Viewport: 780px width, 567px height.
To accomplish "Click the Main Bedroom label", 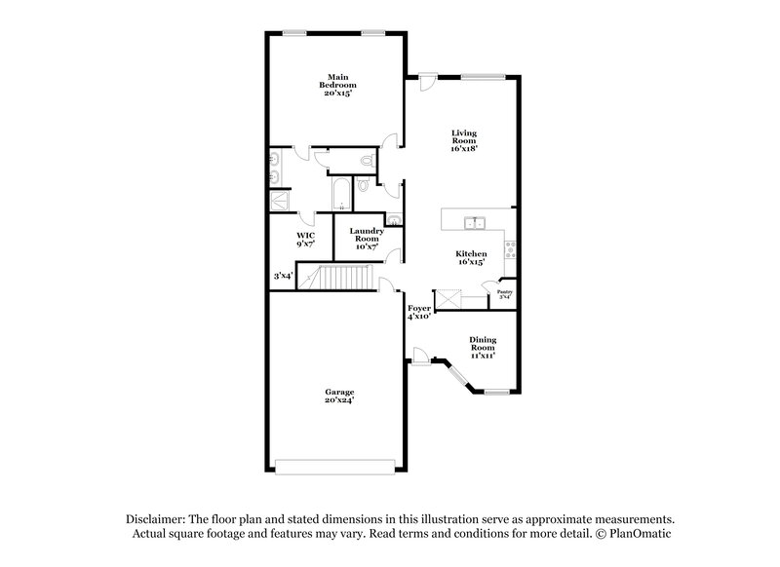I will click(x=337, y=84).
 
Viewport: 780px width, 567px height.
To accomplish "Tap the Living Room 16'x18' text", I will click(x=463, y=139).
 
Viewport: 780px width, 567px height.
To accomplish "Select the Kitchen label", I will click(x=471, y=258).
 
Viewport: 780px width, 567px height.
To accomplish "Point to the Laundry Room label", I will click(x=367, y=238).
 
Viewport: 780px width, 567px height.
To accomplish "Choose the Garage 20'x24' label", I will click(x=339, y=397).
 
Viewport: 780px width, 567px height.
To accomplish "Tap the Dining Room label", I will click(x=482, y=348).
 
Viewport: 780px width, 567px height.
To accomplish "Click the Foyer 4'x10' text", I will click(x=419, y=313).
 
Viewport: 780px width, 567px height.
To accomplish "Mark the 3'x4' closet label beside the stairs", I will click(x=283, y=276).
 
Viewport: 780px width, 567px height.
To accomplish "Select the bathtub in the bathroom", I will click(x=340, y=194).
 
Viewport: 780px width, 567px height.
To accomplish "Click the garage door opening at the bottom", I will click(x=336, y=466).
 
